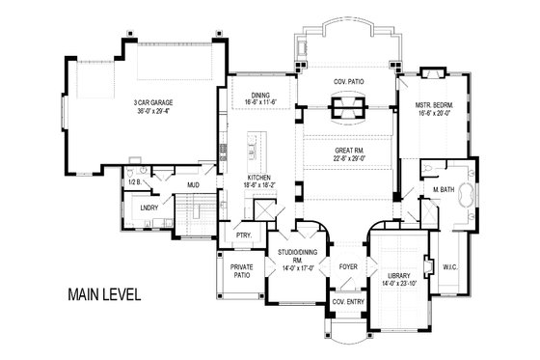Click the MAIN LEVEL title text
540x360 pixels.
[x=103, y=294]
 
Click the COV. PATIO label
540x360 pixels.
[x=347, y=82]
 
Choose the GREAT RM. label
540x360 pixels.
[x=347, y=149]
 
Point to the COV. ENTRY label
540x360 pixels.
[x=346, y=302]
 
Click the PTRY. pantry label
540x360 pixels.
[x=243, y=235]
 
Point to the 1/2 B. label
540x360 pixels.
[x=135, y=180]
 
